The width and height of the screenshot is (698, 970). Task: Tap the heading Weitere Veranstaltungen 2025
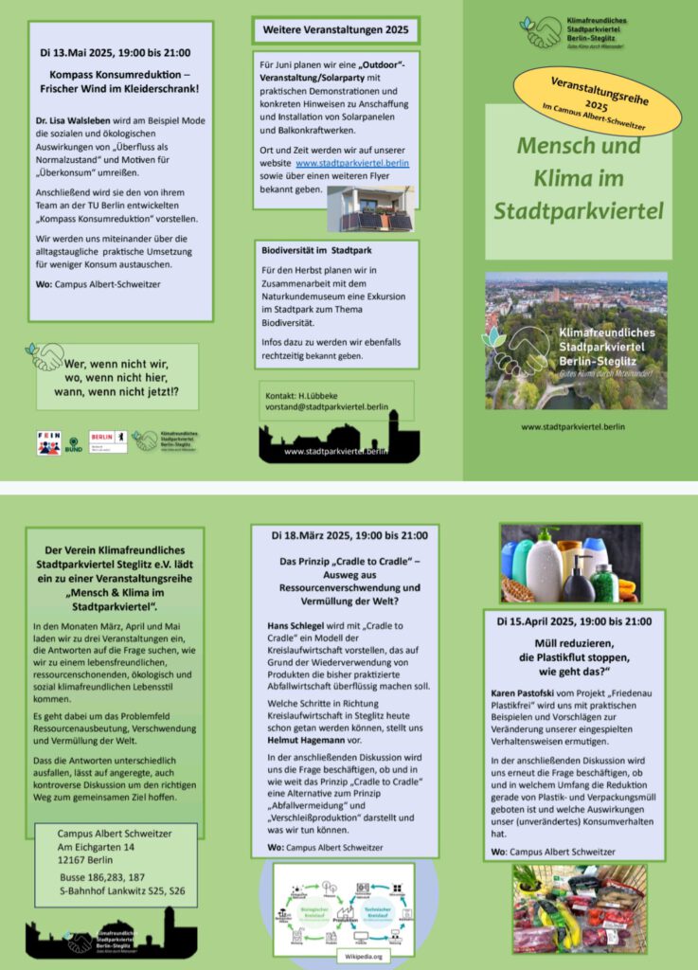point(336,31)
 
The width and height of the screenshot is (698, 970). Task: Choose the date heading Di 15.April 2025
point(574,622)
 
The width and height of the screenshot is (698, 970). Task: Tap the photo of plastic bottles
point(570,564)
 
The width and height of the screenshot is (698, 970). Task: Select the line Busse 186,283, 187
point(102,878)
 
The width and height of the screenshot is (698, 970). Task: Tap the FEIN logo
point(48,442)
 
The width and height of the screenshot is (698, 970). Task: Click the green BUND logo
point(73,443)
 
